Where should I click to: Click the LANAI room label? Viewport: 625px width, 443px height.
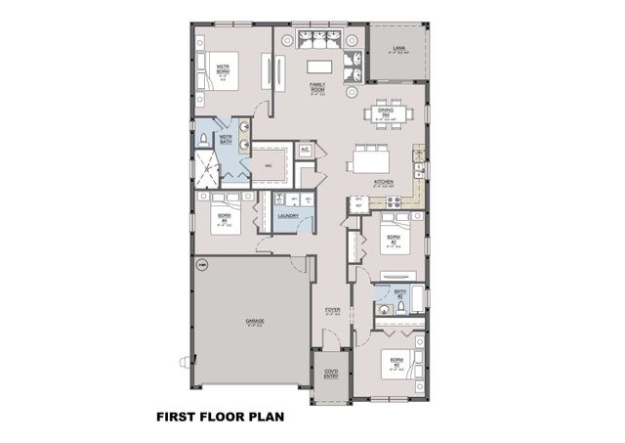click(x=398, y=48)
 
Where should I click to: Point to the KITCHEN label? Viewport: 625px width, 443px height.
click(x=383, y=182)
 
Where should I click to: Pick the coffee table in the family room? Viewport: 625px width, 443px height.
click(x=318, y=66)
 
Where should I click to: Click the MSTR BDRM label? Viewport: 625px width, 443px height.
click(x=223, y=69)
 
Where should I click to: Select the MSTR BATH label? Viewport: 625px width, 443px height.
click(x=226, y=140)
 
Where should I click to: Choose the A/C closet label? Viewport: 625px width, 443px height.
click(x=305, y=150)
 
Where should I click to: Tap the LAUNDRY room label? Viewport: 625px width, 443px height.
click(x=287, y=216)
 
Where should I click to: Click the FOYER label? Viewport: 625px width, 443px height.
click(x=332, y=311)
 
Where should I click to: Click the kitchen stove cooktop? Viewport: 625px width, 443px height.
click(x=394, y=202)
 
